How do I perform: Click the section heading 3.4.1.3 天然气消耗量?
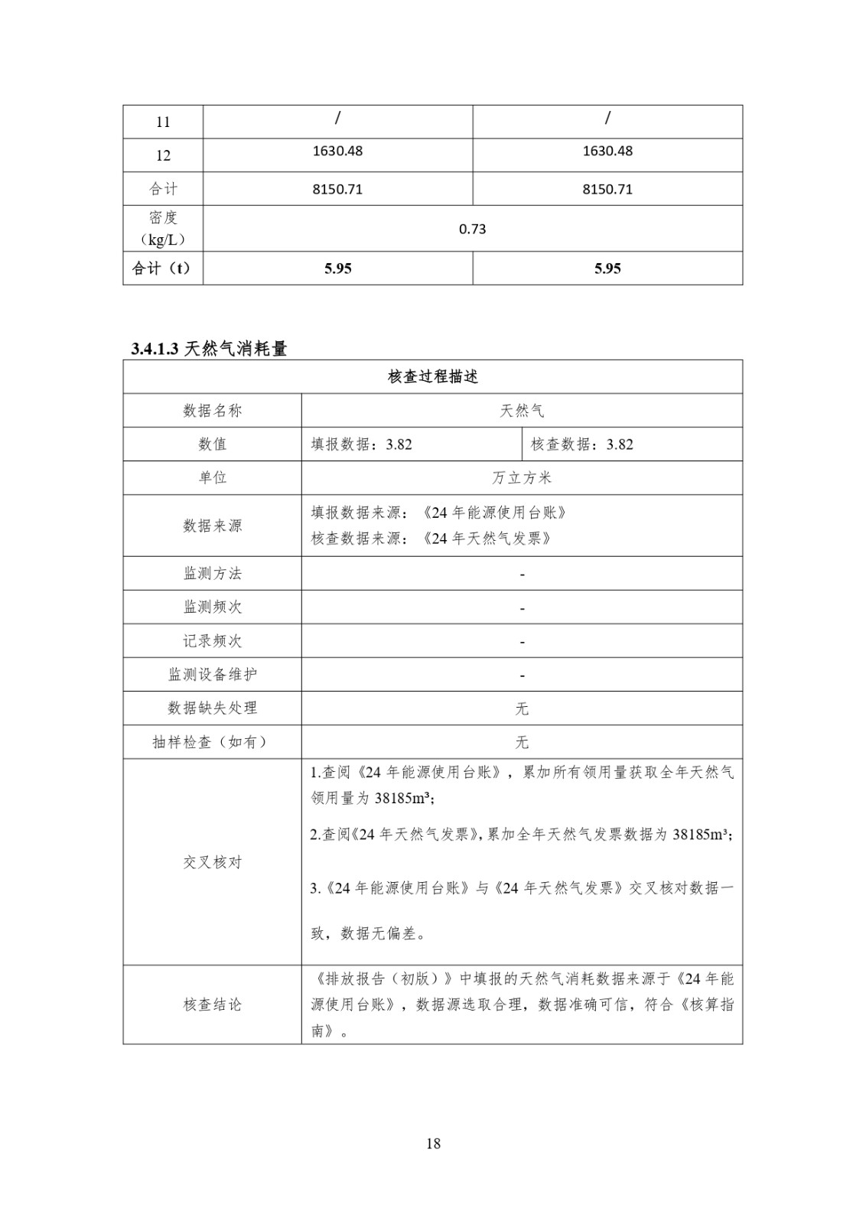[209, 349]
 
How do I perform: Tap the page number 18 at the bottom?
[433, 1144]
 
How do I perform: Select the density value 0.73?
[472, 229]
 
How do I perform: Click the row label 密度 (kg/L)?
[163, 229]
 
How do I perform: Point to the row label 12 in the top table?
[163, 155]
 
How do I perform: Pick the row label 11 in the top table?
[163, 122]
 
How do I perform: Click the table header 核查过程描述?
[433, 377]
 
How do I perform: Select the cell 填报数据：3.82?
[362, 444]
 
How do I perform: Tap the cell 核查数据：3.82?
[582, 444]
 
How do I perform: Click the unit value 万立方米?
[522, 478]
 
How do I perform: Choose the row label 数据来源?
[212, 526]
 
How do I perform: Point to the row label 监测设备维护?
[212, 675]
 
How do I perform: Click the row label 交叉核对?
[212, 862]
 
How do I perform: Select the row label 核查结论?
[212, 1004]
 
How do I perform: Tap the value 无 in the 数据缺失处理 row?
[522, 708]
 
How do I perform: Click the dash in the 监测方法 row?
[522, 574]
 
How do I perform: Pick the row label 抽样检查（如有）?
[212, 742]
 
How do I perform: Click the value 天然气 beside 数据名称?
[522, 411]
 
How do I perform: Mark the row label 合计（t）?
[161, 269]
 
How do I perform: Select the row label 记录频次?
[212, 641]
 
